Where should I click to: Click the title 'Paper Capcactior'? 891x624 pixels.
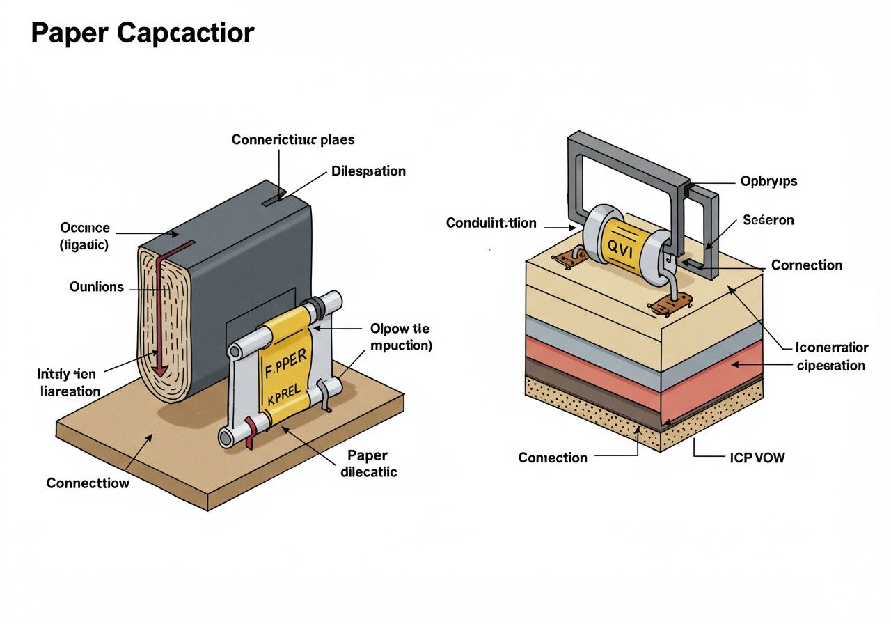tap(143, 33)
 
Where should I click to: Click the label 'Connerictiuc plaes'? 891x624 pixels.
tap(292, 140)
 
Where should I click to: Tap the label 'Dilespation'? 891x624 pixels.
tap(368, 171)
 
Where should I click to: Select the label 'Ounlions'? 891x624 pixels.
tap(97, 286)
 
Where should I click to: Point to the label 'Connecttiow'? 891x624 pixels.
tap(88, 483)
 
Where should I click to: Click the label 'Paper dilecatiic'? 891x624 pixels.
tap(368, 464)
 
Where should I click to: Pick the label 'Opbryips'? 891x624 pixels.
tap(768, 181)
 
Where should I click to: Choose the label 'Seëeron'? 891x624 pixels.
tap(768, 220)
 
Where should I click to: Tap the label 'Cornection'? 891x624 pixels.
tap(807, 265)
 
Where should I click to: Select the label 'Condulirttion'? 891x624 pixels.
tap(491, 223)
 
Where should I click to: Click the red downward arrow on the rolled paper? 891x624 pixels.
tap(163, 313)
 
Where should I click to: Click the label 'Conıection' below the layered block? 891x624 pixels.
tap(553, 458)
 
